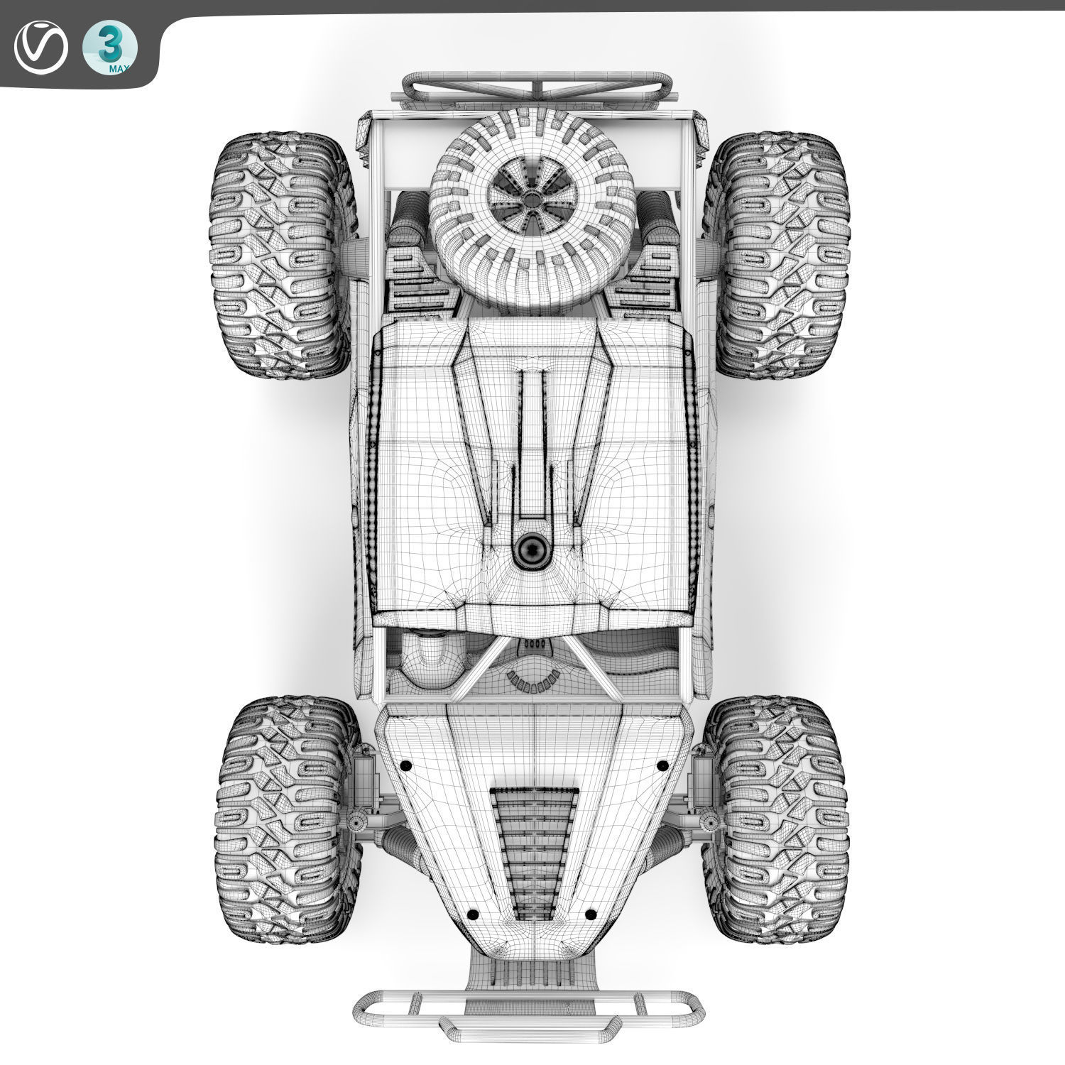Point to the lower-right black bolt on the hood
click(590, 914)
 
